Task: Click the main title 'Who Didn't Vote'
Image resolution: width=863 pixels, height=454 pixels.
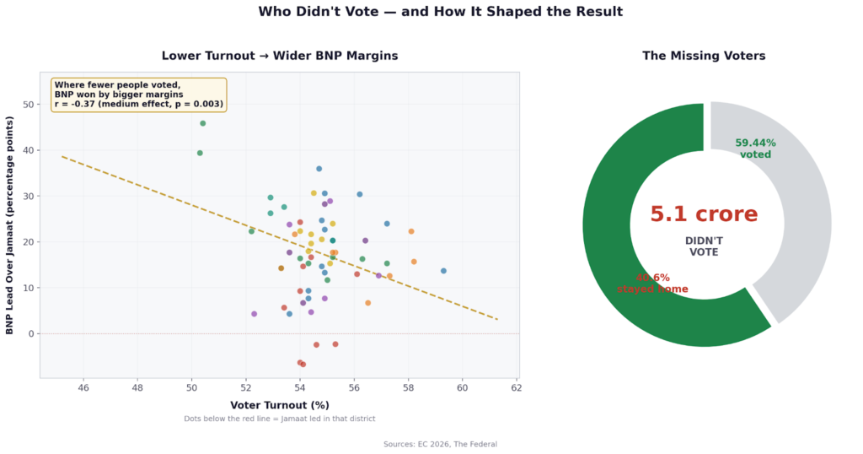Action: coord(440,12)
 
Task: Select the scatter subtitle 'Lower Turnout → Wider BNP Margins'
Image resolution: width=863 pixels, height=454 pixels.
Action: coord(280,56)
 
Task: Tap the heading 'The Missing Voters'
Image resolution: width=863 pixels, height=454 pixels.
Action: coord(704,56)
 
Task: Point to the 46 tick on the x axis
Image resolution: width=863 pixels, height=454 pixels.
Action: coord(83,388)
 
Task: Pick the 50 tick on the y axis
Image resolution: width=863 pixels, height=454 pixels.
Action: coord(28,105)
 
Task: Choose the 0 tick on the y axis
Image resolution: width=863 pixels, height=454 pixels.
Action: coord(31,334)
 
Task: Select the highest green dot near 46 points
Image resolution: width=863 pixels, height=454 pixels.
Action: coord(202,123)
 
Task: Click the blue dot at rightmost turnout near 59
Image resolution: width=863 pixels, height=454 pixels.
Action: coord(443,271)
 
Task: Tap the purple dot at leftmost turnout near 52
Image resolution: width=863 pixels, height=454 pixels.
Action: coord(254,314)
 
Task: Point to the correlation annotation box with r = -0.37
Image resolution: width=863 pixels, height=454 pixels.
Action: coord(139,95)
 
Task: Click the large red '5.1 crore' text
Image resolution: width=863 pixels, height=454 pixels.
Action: coord(704,214)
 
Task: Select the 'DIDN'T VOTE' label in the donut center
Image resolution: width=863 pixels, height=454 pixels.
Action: coord(704,246)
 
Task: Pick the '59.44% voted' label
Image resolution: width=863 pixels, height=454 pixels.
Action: coord(755,149)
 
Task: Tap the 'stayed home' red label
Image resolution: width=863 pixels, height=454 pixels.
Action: coord(652,289)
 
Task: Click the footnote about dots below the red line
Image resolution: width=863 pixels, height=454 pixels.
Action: coord(280,419)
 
